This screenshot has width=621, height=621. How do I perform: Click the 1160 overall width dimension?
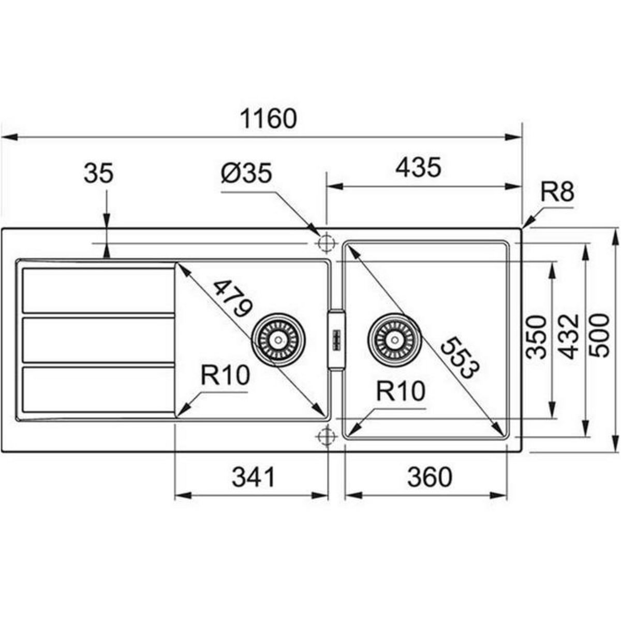tap(269, 119)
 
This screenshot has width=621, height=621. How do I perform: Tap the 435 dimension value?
tap(419, 168)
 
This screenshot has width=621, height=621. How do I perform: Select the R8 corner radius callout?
tap(557, 193)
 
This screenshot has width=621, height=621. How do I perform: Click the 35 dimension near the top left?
tap(98, 174)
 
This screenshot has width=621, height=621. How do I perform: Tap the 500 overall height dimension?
tap(600, 337)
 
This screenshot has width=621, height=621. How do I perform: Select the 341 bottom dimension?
tap(253, 477)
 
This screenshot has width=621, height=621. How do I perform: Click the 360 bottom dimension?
tap(429, 477)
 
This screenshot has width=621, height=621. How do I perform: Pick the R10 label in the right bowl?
tap(400, 391)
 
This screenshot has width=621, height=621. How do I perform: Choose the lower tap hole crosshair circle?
tap(326, 436)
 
